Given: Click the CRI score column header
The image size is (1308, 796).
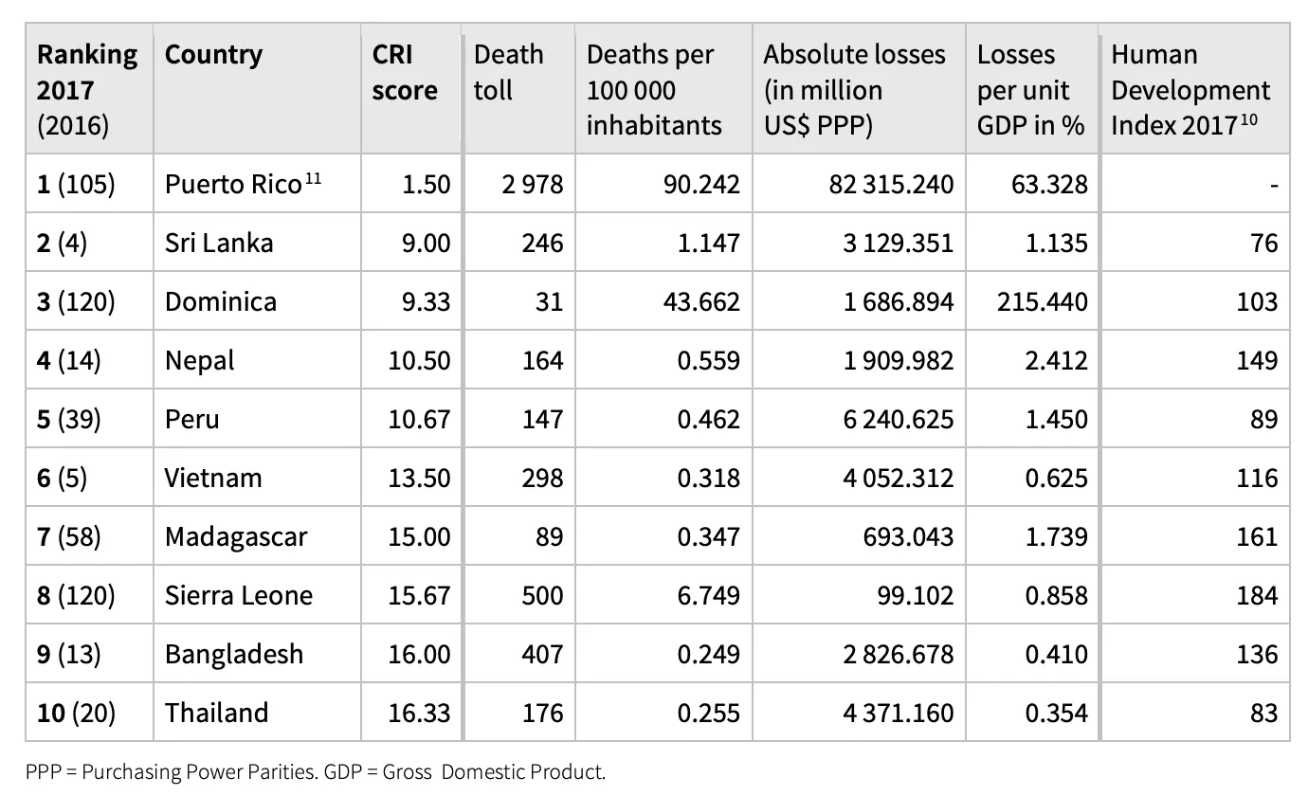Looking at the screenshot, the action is tap(404, 72).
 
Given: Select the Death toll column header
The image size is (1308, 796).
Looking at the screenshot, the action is tap(508, 72).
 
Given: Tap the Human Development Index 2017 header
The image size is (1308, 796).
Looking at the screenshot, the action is tap(1190, 90).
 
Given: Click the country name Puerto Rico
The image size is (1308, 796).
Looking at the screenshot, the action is tap(233, 185).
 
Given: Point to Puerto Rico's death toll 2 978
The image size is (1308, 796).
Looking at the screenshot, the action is tap(532, 185).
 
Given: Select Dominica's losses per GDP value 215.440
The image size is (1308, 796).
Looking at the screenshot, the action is tap(1043, 302).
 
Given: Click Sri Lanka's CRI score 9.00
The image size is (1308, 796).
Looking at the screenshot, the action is tap(426, 243).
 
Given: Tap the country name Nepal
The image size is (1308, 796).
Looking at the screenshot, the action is tap(199, 361).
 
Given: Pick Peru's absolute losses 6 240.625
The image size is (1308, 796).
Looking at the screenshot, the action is tap(899, 419).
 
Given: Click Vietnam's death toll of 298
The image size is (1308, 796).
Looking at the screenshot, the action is tap(542, 479).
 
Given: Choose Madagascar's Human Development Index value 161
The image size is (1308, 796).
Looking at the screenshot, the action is tap(1257, 536).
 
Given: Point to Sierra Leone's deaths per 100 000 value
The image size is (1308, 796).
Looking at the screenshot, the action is tap(708, 596).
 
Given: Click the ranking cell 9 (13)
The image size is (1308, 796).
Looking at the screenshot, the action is tap(69, 654).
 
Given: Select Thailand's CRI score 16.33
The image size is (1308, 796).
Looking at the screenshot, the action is tap(419, 713).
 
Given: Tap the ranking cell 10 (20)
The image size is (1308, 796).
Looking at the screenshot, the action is tap(76, 713).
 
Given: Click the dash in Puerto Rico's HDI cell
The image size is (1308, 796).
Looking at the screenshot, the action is tap(1274, 187).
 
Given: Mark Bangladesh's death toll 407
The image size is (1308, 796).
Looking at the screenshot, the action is tap(542, 654).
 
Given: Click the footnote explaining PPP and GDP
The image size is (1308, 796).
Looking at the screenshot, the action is tap(316, 772).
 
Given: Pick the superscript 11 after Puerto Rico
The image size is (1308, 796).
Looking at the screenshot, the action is tap(313, 177).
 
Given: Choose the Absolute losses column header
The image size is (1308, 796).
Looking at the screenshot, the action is tap(854, 90).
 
